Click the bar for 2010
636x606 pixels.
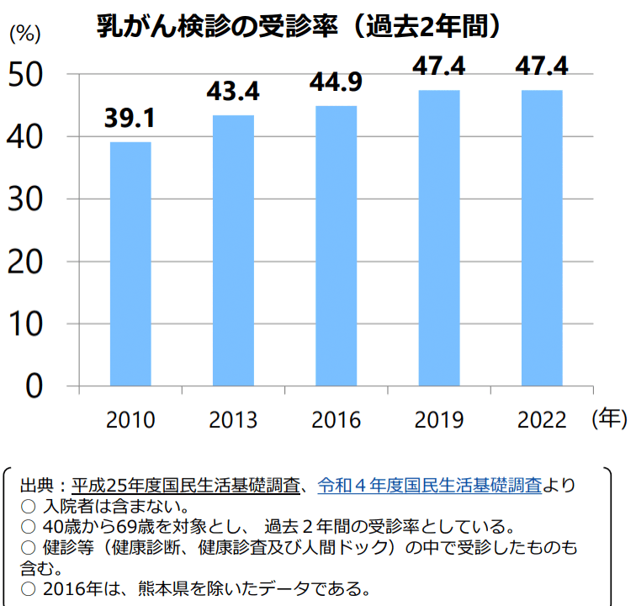coord(130,263)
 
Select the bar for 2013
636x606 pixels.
coord(233,250)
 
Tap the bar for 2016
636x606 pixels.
coord(336,246)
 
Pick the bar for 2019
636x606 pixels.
coord(439,237)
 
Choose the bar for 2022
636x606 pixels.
coord(542,237)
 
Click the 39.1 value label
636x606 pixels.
coord(130,119)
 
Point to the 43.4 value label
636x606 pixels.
coord(233,90)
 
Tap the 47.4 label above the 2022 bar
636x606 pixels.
coord(542,65)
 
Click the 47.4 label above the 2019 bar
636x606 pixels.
coord(439,65)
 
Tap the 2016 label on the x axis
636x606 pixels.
coord(336,419)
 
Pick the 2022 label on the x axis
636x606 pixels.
coord(542,419)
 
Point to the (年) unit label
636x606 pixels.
coord(609,417)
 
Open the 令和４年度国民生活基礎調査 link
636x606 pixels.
coord(429,486)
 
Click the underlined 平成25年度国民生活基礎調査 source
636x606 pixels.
coord(186,486)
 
